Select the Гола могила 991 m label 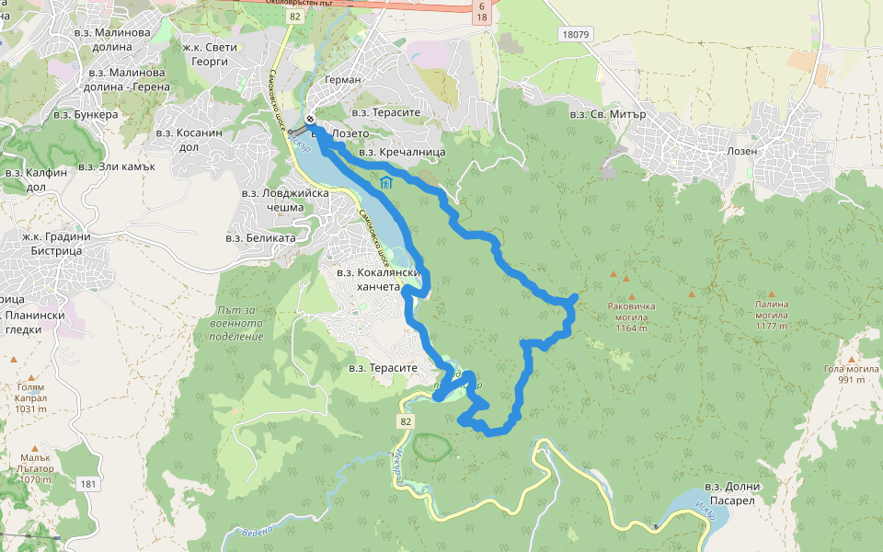(x=846, y=374)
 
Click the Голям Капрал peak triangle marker (x=31, y=377)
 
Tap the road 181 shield (x=87, y=484)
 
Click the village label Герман (x=343, y=80)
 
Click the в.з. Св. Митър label (x=608, y=115)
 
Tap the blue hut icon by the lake (x=386, y=182)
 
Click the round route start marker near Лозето (x=311, y=118)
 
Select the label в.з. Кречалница (x=402, y=152)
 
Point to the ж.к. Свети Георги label (x=210, y=54)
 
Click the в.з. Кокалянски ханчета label (x=379, y=279)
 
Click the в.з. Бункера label (x=86, y=115)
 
